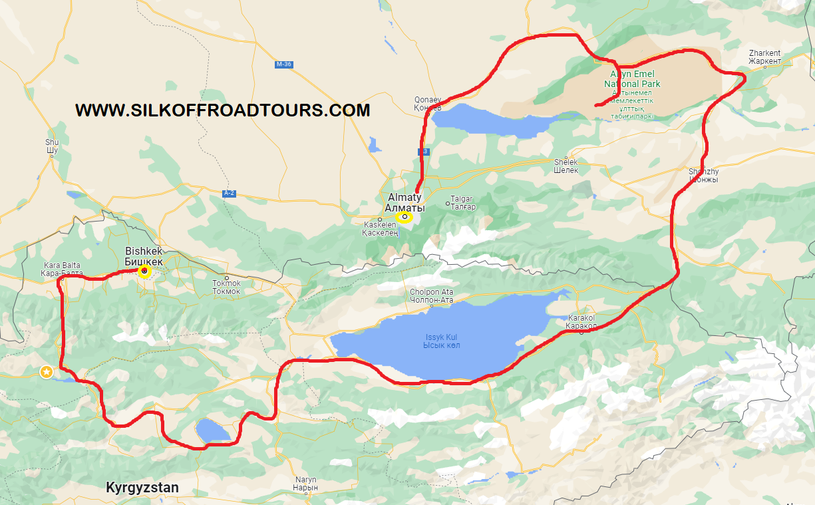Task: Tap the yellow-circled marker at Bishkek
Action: (x=144, y=271)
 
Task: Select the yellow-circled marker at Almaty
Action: (x=404, y=217)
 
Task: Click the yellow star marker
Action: (x=47, y=372)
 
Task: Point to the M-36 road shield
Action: (x=283, y=65)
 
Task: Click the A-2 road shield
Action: (x=230, y=193)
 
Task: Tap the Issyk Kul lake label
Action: (x=442, y=341)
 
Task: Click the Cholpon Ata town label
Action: (x=432, y=296)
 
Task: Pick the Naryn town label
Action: (x=306, y=483)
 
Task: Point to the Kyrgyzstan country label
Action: (x=142, y=488)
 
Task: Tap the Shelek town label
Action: (x=566, y=166)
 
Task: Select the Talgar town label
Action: (x=463, y=203)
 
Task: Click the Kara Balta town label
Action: (x=61, y=269)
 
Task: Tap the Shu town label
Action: (x=52, y=146)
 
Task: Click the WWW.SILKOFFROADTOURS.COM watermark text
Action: (x=222, y=110)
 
